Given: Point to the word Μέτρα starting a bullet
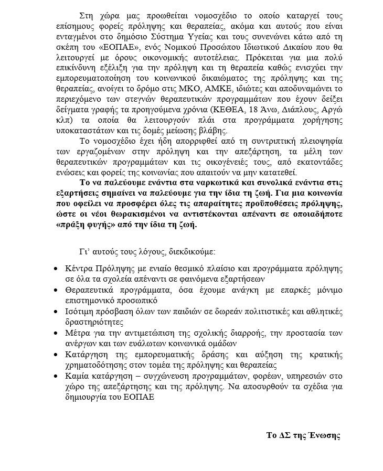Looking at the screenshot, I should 77,333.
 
